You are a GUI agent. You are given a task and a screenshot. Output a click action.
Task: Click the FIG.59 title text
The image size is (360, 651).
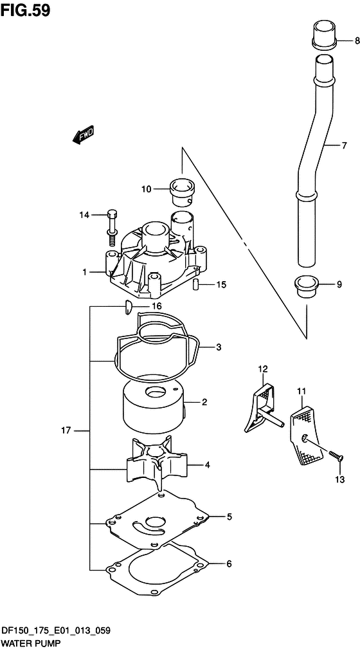point(25,10)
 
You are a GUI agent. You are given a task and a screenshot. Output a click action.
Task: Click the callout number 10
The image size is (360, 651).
point(146,190)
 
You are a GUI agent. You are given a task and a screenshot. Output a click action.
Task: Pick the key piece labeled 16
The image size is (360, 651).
point(128,307)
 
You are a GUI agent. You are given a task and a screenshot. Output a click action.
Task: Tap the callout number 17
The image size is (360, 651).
point(66,430)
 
